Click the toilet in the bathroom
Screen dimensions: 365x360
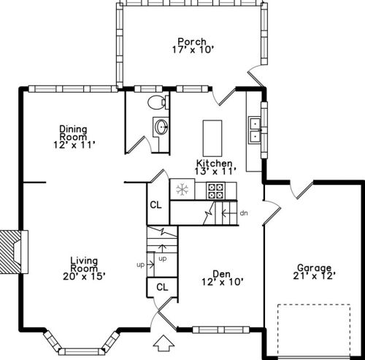pyautogui.click(x=158, y=102)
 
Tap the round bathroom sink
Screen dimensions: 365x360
pyautogui.click(x=161, y=127)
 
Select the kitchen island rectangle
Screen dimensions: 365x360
pyautogui.click(x=212, y=138)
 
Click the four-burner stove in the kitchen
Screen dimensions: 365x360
pyautogui.click(x=215, y=191)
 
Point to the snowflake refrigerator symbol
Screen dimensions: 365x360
pyautogui.click(x=182, y=189)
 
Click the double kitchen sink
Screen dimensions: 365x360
pyautogui.click(x=255, y=129)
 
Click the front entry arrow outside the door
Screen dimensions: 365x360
pyautogui.click(x=164, y=343)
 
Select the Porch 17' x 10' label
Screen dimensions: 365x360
pyautogui.click(x=193, y=45)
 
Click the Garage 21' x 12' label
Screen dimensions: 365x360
pyautogui.click(x=315, y=272)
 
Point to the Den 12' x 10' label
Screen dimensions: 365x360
pyautogui.click(x=222, y=278)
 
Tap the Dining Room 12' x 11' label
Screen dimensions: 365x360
pyautogui.click(x=74, y=137)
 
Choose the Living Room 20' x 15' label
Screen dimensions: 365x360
pyautogui.click(x=84, y=269)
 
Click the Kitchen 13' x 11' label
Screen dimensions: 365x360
pyautogui.click(x=215, y=167)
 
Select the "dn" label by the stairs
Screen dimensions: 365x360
pyautogui.click(x=244, y=213)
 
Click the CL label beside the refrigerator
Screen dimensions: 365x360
pyautogui.click(x=155, y=205)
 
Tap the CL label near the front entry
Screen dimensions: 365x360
pyautogui.click(x=162, y=287)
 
